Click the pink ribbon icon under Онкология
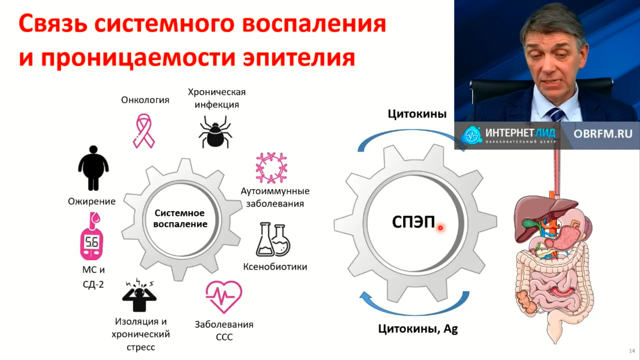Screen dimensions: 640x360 point(144,131)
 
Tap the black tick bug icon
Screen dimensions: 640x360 point(215,132)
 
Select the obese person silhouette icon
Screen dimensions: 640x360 point(93,168)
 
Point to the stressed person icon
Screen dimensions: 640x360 point(139,295)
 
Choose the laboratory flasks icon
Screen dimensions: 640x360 point(273,239)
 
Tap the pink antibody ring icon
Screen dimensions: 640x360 point(271,168)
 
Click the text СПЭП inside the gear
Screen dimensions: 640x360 point(413,222)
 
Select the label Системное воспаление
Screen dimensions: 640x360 point(180,218)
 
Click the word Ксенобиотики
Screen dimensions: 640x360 point(275,267)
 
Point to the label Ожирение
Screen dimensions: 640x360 point(92,201)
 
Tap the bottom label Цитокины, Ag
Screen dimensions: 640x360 point(418,329)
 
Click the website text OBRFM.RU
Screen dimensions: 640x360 point(603,134)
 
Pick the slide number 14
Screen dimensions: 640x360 point(632,351)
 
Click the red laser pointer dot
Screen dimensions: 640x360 point(440,228)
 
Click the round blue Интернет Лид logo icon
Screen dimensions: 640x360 point(471,135)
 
